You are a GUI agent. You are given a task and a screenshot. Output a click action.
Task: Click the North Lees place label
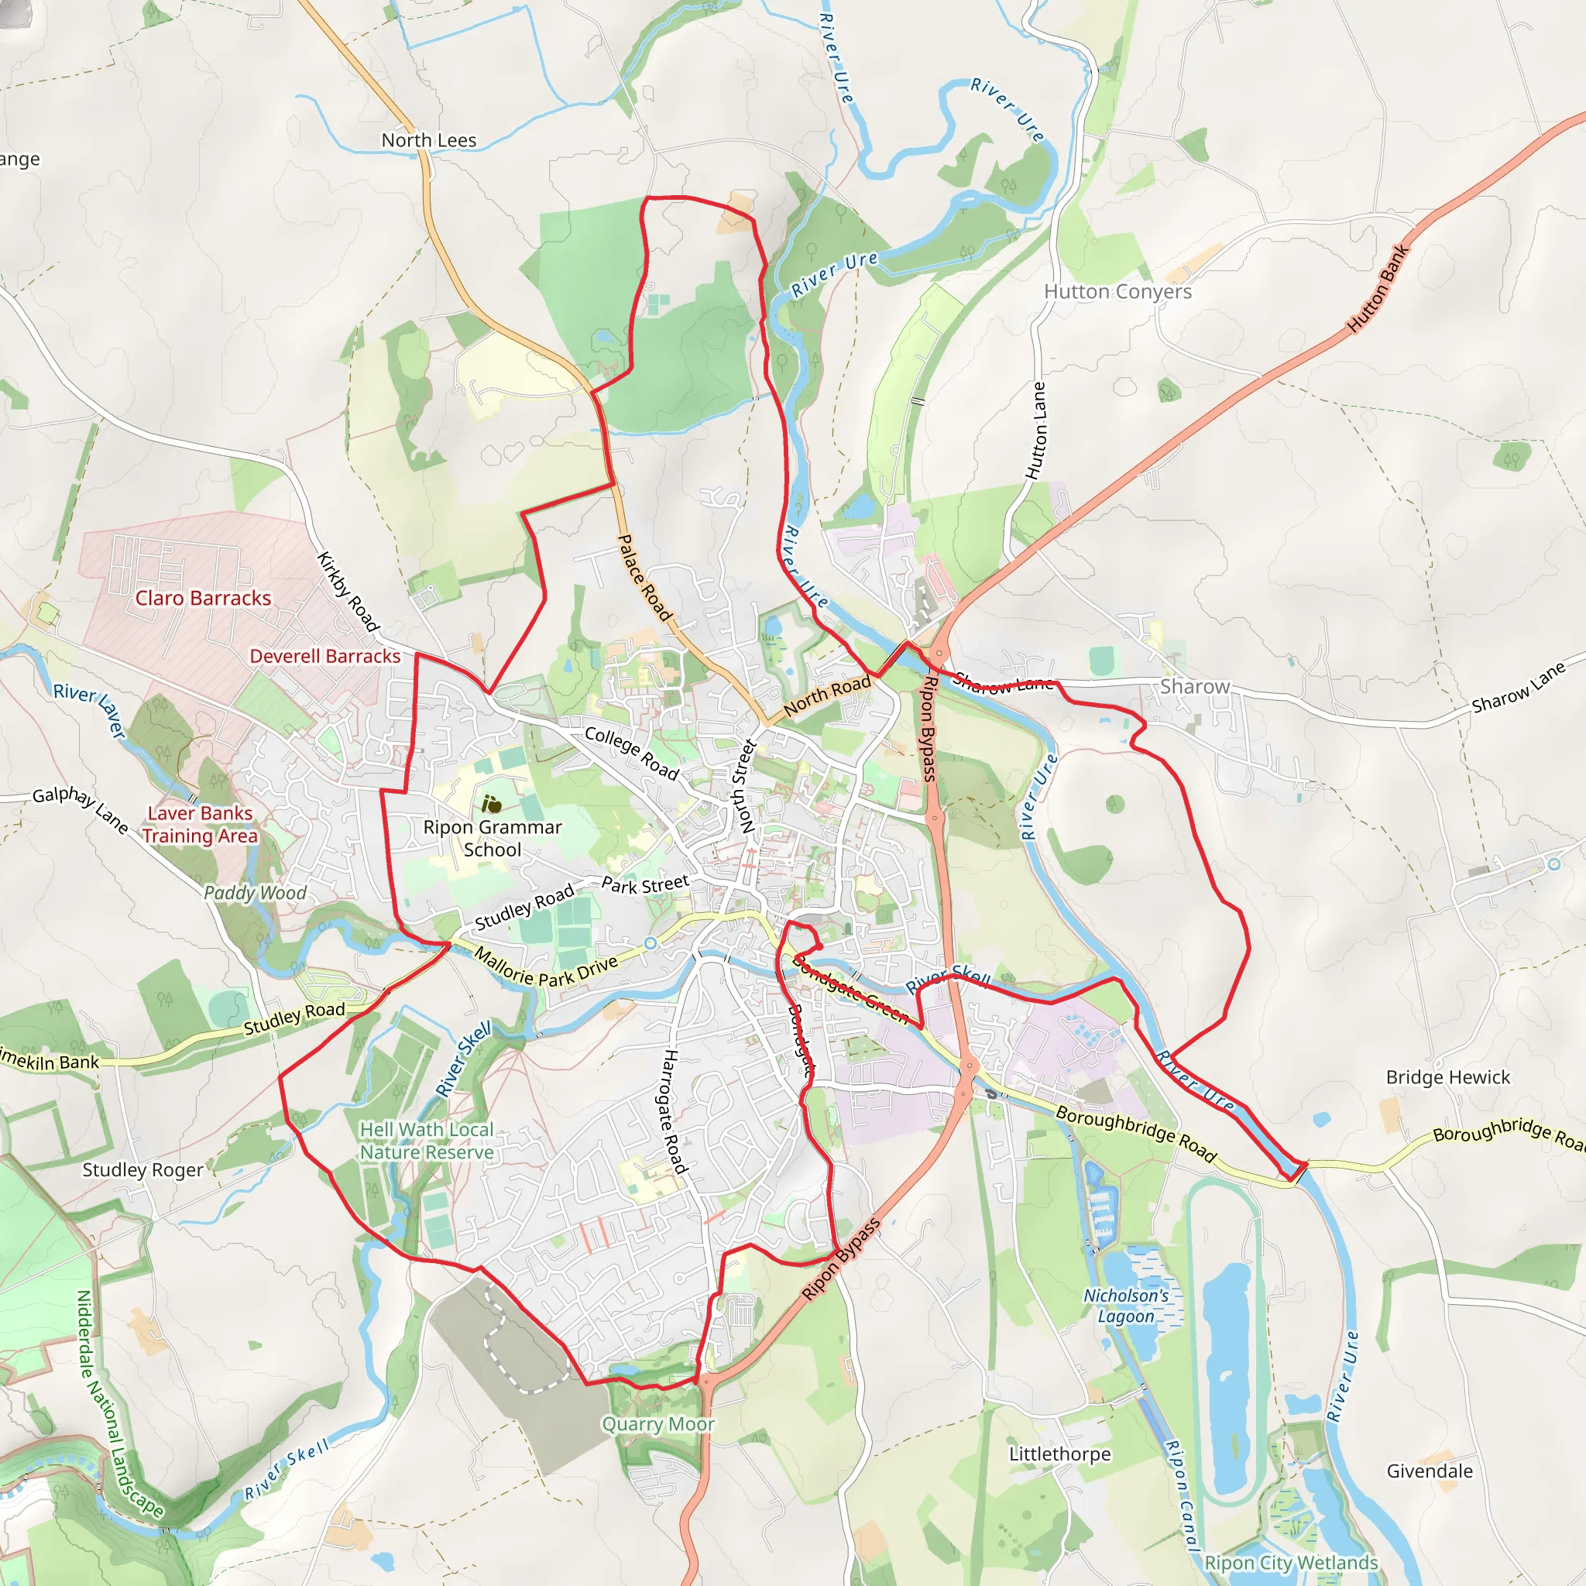pos(428,140)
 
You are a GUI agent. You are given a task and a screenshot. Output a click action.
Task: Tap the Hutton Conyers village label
pos(1117,291)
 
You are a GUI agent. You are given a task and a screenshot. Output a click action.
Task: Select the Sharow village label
pos(1194,686)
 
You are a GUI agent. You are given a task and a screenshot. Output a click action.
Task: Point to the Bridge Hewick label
pos(1447,1077)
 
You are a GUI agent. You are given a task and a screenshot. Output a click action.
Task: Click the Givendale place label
pos(1430,1471)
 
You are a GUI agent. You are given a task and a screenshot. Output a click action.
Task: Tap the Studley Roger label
pos(142,1170)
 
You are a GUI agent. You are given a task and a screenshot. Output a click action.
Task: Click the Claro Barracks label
pos(203,598)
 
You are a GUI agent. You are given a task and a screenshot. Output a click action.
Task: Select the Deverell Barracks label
pos(325,656)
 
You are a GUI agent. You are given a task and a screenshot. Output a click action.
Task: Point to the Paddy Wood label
pos(255,893)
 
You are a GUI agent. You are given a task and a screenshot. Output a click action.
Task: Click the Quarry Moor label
pos(657,1424)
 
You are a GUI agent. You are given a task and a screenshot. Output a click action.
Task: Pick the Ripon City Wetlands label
pos(1290,1563)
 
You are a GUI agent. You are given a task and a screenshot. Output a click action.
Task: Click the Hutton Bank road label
pos(1378,288)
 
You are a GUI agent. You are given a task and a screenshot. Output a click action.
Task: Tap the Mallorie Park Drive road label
pos(545,967)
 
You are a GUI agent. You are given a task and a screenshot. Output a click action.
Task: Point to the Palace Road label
pos(644,577)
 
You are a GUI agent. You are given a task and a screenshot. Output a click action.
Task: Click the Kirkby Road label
pos(348,592)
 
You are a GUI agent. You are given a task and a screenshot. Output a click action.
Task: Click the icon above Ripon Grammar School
pos(492,804)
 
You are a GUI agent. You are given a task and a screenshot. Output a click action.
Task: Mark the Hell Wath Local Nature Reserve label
pos(427,1141)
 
